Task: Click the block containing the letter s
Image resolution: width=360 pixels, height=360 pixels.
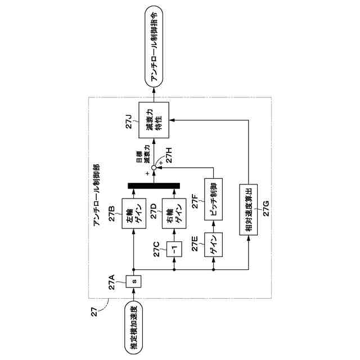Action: tap(133, 280)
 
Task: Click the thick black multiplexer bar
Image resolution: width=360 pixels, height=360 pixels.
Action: tap(154, 186)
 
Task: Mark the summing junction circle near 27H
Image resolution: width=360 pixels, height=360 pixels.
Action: tap(154, 166)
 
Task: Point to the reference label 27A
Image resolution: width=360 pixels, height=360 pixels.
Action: tap(114, 280)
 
